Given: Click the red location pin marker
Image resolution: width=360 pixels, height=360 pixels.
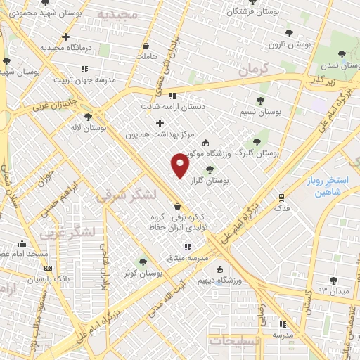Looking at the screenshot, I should click(x=181, y=166).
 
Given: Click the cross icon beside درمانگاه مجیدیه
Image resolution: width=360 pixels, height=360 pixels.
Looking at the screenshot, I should click(x=65, y=37).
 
